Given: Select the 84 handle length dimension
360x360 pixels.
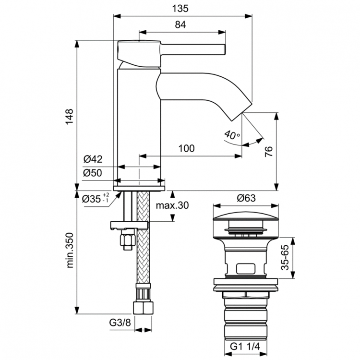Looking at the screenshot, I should [180, 25].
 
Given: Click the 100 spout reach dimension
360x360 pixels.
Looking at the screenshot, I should [186, 148].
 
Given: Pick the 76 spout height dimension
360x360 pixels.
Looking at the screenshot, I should [269, 152].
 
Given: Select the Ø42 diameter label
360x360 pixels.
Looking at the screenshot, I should [93, 159].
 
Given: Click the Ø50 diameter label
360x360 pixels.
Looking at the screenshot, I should [93, 174].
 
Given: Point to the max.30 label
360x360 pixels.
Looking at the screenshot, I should [173, 205].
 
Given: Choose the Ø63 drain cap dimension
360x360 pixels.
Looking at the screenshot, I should [246, 197].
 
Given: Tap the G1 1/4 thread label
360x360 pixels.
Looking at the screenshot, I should [246, 346].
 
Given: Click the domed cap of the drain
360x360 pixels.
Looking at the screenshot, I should [246, 214].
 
